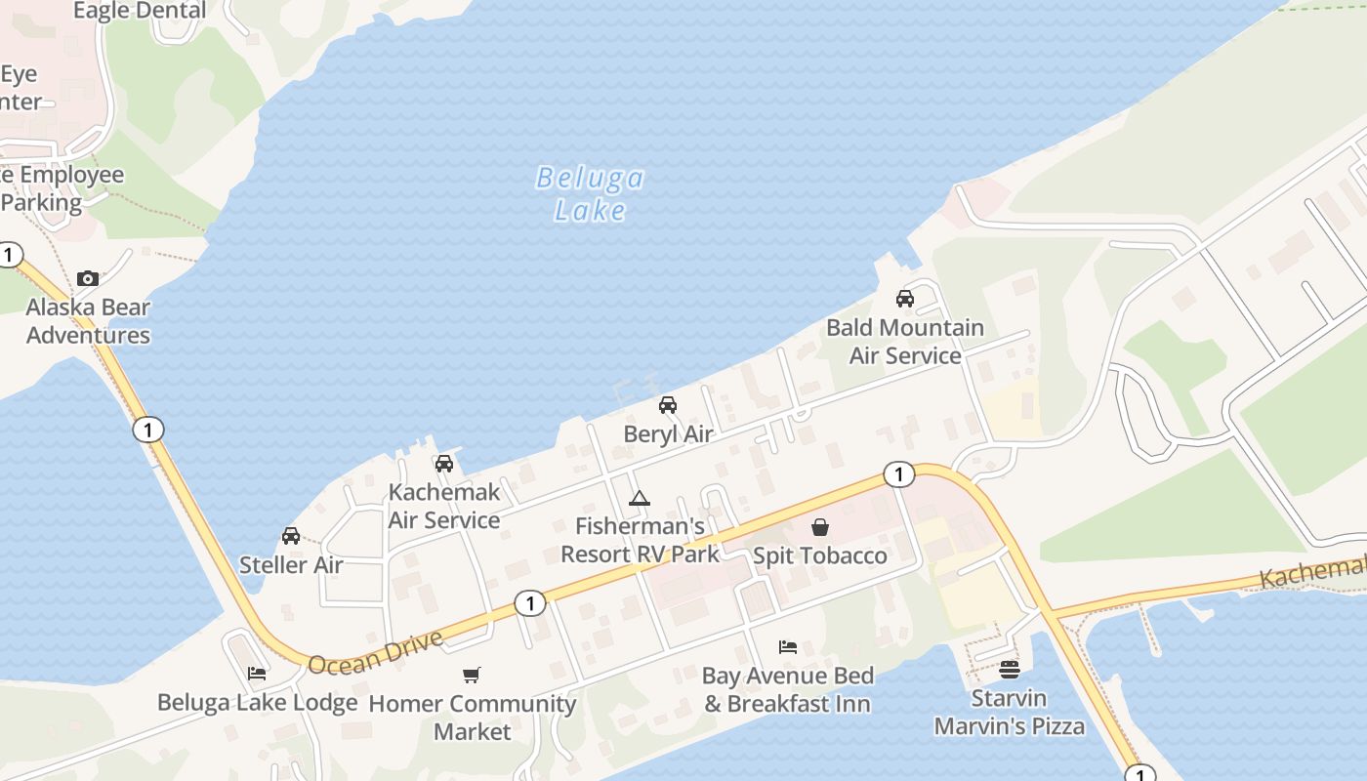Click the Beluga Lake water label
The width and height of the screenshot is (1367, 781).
[590, 193]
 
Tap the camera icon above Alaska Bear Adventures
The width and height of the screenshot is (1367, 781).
[88, 278]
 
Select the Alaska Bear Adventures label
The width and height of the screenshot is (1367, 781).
[88, 321]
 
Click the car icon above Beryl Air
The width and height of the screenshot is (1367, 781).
[668, 405]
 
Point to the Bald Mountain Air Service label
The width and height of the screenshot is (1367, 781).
[905, 342]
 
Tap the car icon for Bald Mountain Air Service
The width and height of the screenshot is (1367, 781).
[905, 299]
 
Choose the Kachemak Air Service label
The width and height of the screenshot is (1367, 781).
[444, 506]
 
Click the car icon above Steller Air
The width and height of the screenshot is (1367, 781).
[291, 535]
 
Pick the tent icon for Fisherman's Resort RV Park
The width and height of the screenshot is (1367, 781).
[640, 499]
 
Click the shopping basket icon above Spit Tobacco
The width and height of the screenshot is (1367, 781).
[820, 527]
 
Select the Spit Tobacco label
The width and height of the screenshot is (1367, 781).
[820, 555]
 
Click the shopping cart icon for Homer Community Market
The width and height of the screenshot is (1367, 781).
[472, 675]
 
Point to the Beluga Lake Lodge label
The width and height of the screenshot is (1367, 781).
[258, 702]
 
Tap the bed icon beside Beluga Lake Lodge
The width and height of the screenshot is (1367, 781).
[257, 674]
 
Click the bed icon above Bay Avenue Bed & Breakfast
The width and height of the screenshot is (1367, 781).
[788, 646]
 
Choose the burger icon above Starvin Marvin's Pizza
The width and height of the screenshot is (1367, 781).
[1010, 670]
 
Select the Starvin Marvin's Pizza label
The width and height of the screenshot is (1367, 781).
[1010, 713]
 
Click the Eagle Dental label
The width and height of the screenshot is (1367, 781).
[140, 11]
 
